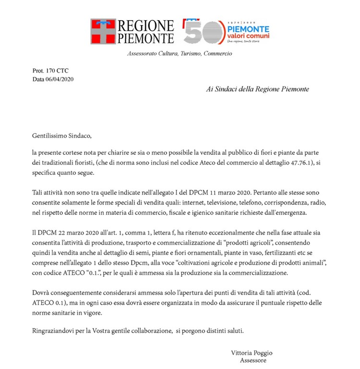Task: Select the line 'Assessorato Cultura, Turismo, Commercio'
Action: click(x=180, y=53)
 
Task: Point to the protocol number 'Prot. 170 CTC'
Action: click(x=50, y=71)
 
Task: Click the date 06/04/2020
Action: click(x=59, y=79)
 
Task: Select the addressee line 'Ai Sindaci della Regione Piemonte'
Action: click(x=257, y=89)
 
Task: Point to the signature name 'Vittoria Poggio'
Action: click(x=252, y=352)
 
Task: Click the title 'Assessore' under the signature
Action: click(x=253, y=360)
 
